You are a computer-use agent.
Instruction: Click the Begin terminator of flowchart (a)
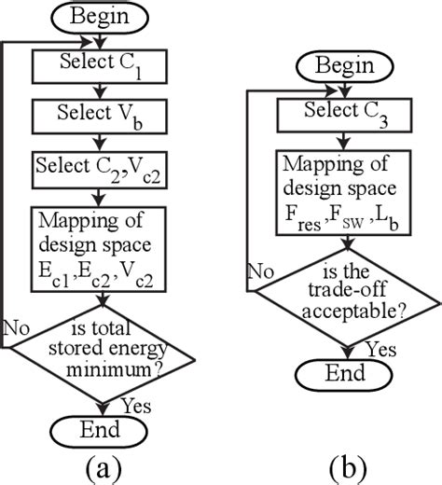point(100,17)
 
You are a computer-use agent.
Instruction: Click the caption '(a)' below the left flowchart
point(99,466)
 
